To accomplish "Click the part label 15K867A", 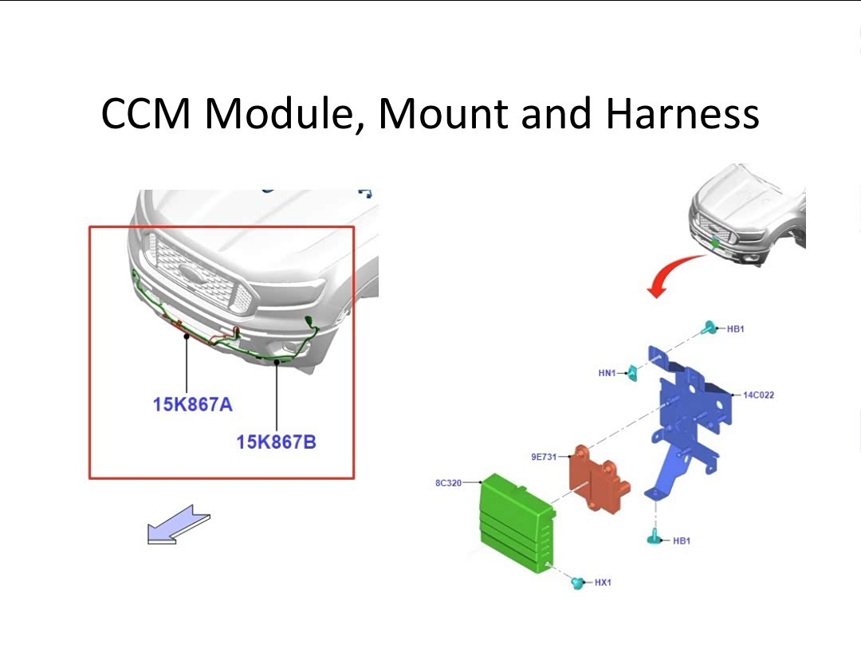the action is (x=193, y=405).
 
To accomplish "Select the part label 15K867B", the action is (x=276, y=442).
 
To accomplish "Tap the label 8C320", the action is (x=448, y=483).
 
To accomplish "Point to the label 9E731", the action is (x=544, y=457).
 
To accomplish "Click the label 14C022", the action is (x=758, y=395).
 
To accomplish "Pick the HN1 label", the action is (x=607, y=373).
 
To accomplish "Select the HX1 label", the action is (x=603, y=582).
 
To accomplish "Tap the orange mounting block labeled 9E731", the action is (x=599, y=477).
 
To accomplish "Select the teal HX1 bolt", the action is (x=577, y=583).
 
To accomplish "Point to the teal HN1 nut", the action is (x=632, y=373).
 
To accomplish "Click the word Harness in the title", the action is (x=682, y=113).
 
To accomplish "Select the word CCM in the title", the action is (x=146, y=113).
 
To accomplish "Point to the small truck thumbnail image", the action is (x=747, y=215).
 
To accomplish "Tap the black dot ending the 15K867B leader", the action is (x=277, y=363).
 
